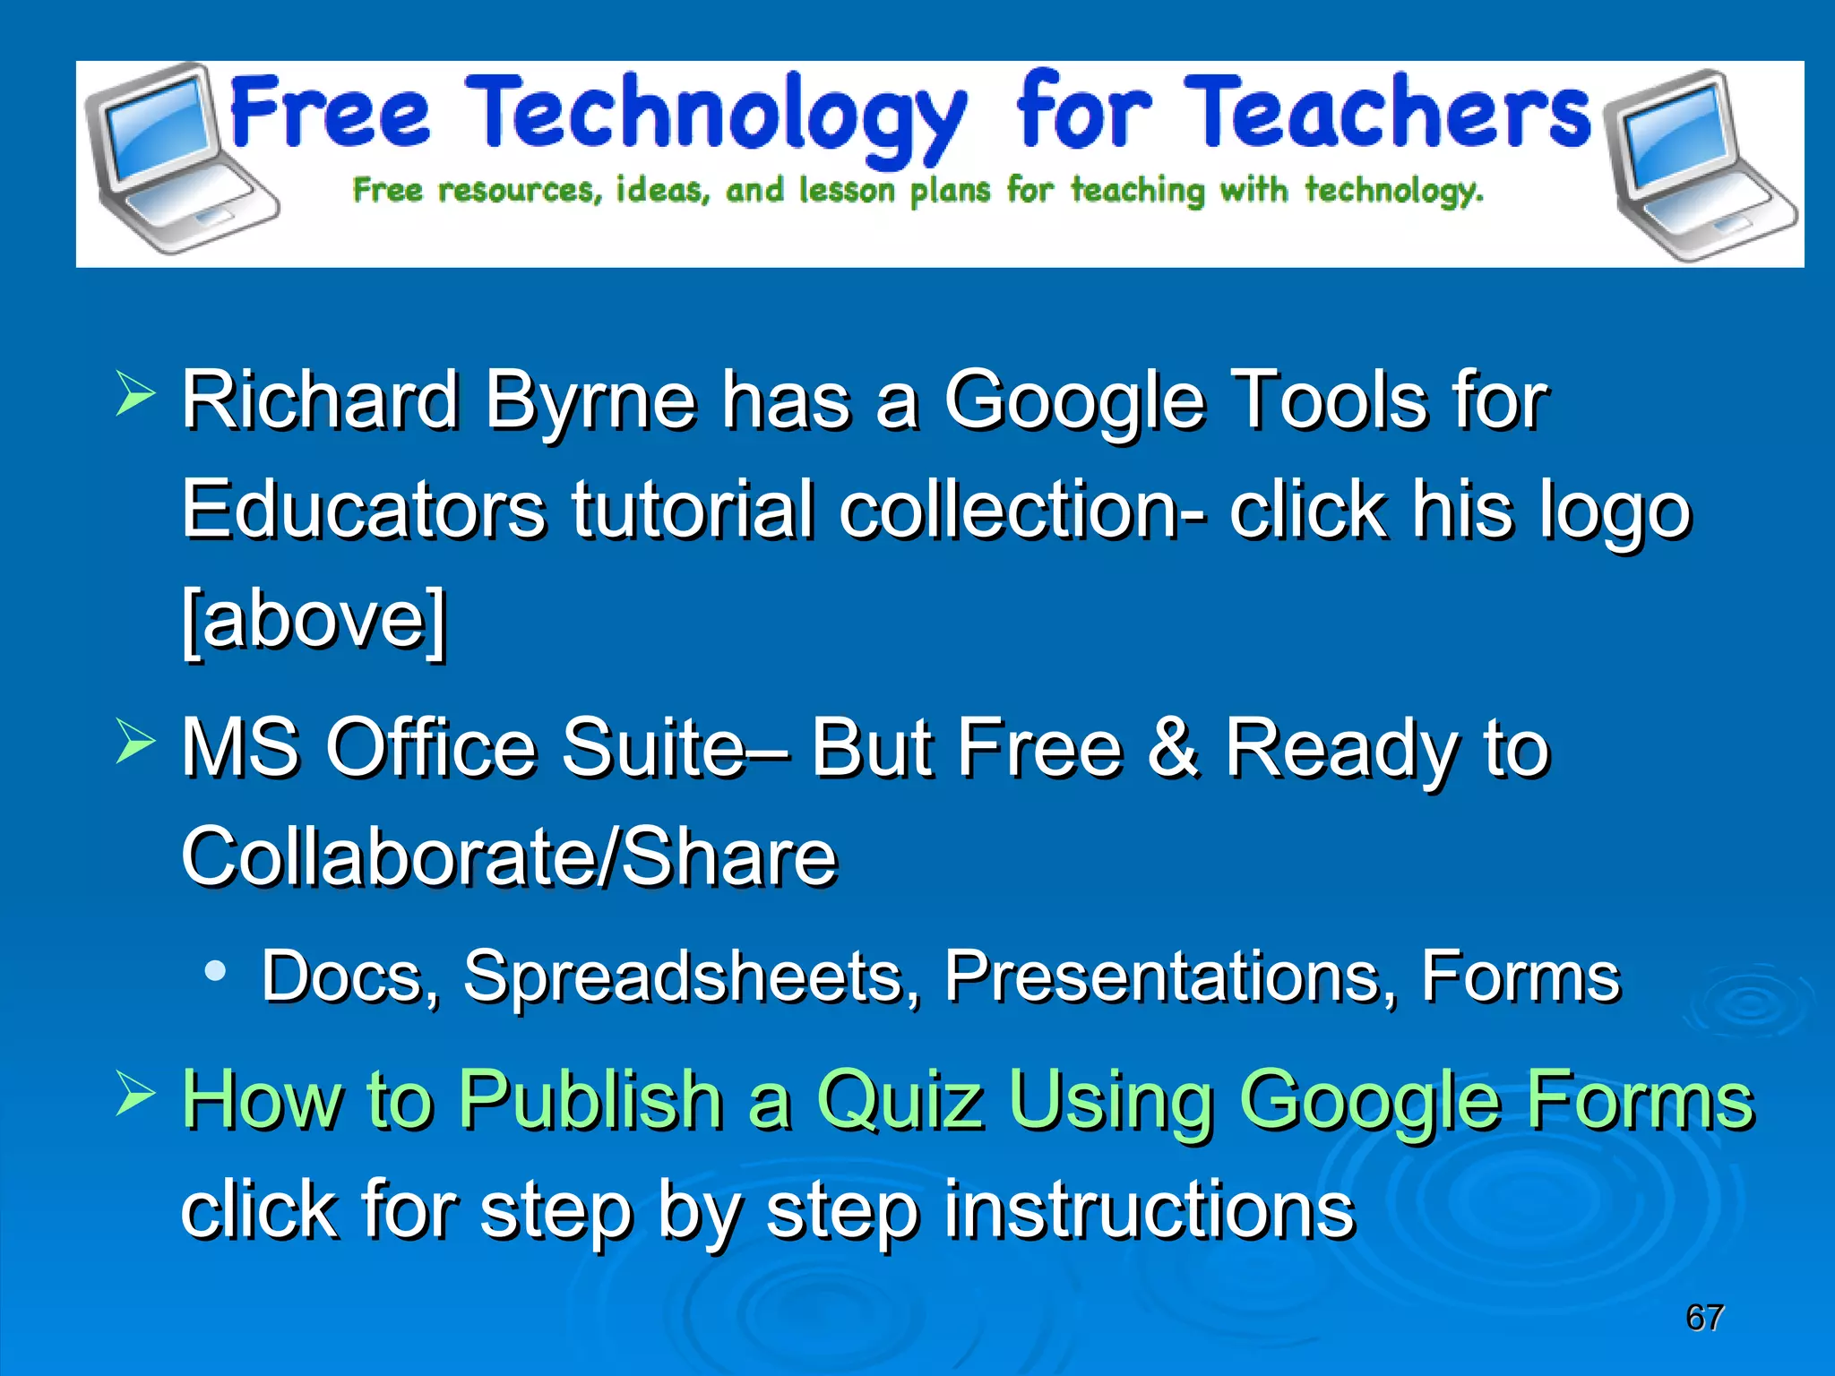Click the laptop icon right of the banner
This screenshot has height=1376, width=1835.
(x=1693, y=166)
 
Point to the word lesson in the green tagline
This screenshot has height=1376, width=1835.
(x=846, y=191)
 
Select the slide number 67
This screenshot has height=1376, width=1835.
(x=1704, y=1318)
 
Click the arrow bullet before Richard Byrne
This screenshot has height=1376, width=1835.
(x=135, y=395)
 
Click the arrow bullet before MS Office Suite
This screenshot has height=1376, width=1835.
(x=135, y=743)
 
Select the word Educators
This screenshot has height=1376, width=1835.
(x=363, y=510)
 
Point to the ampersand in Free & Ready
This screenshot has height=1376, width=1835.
(x=1173, y=747)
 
